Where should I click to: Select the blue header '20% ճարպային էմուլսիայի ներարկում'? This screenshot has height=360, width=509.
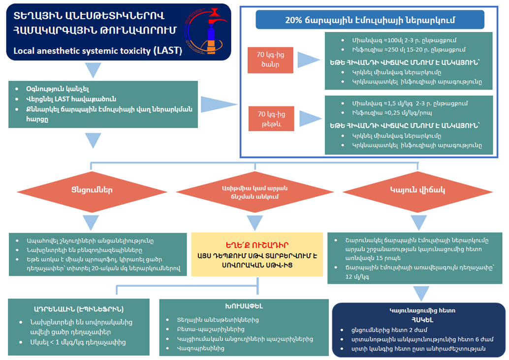[370, 20]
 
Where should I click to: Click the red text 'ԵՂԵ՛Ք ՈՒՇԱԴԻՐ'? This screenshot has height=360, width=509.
[254, 245]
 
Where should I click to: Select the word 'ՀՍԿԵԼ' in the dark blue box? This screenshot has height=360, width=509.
[419, 319]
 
